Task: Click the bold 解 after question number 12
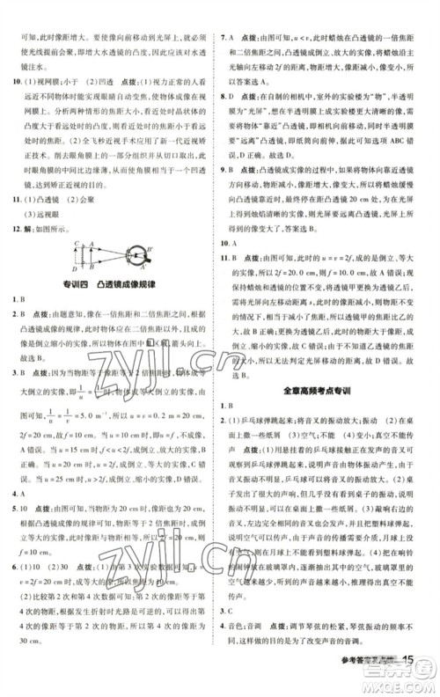(30, 227)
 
